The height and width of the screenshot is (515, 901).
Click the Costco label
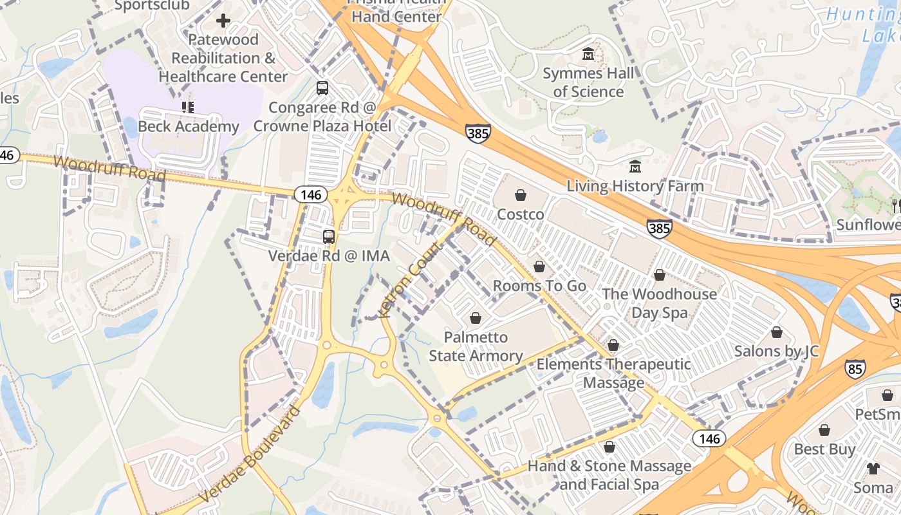click(521, 214)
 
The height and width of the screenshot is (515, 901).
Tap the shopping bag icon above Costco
click(521, 194)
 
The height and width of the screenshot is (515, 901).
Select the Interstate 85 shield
click(855, 369)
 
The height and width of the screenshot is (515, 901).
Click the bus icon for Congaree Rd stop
click(322, 88)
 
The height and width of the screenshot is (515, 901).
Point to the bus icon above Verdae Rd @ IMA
click(329, 237)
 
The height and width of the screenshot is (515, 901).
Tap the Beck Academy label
click(189, 126)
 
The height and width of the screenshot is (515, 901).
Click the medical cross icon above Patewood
click(223, 21)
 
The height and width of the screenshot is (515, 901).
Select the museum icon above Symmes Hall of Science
click(588, 54)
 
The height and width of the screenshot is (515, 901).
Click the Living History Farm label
click(635, 186)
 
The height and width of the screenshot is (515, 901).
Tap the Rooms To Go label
click(539, 285)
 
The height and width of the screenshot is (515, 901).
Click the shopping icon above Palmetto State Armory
click(476, 318)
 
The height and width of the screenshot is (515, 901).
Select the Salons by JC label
click(776, 351)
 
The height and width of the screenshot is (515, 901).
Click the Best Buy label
click(824, 449)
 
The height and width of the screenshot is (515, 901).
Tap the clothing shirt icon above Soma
click(873, 468)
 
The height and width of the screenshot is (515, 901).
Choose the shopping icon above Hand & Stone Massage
click(609, 447)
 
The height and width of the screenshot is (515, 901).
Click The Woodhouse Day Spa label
click(659, 303)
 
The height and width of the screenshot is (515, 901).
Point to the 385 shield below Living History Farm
click(660, 228)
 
